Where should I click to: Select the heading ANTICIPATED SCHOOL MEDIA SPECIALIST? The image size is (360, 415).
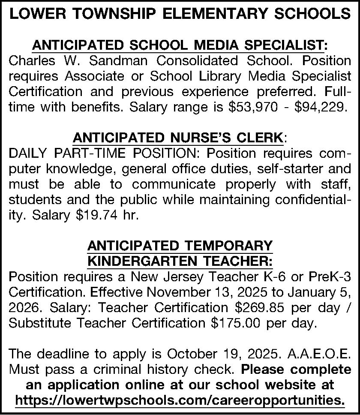tap(180, 45)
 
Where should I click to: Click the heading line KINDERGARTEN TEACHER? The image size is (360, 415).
tap(180, 261)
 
